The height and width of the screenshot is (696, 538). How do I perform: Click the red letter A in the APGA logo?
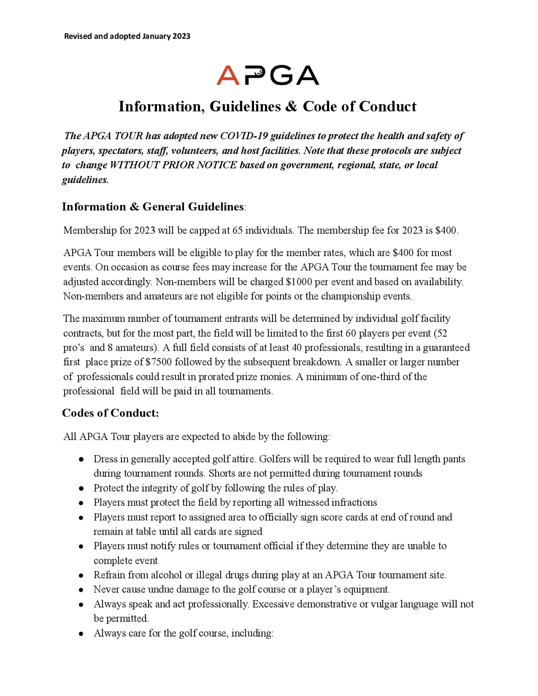pyautogui.click(x=228, y=76)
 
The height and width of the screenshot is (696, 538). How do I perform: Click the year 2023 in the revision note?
pyautogui.click(x=181, y=36)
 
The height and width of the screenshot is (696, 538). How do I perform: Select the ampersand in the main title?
pyautogui.click(x=291, y=106)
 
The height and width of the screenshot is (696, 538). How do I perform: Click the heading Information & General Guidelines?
pyautogui.click(x=153, y=207)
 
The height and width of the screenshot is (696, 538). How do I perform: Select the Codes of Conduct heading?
pyautogui.click(x=110, y=413)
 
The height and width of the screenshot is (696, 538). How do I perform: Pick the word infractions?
pyautogui.click(x=354, y=503)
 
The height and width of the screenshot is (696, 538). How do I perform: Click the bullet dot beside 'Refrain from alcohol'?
pyautogui.click(x=81, y=576)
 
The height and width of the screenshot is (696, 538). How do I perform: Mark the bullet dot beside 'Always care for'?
pyautogui.click(x=81, y=634)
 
